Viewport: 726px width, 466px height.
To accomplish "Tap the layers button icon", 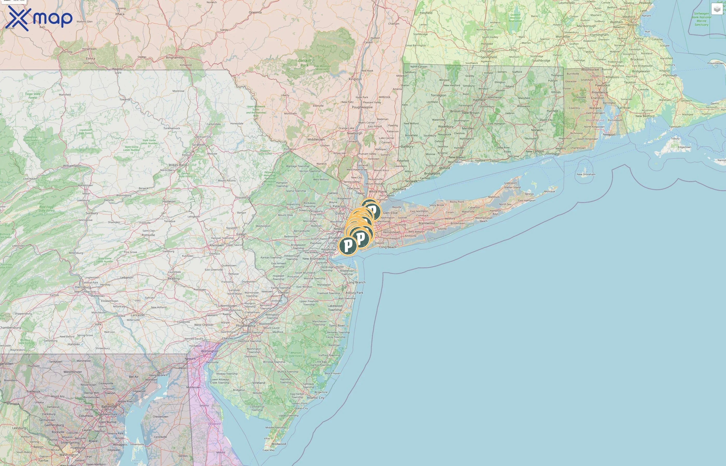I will tap(717, 9).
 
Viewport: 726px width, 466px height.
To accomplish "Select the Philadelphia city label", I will tap(246, 326).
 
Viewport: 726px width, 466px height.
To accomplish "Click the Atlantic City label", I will tap(316, 398).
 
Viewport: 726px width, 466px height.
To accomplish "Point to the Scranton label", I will tap(199, 145).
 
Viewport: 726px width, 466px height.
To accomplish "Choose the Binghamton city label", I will tap(175, 57).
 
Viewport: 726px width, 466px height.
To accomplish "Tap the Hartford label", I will tap(479, 100).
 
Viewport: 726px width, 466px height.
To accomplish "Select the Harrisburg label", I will tap(83, 287).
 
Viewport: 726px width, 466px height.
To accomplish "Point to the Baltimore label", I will tap(109, 407).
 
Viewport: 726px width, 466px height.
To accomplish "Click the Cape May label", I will tap(268, 450).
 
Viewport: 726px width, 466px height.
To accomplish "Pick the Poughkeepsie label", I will tap(362, 107).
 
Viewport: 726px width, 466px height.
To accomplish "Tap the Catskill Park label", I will tap(304, 63).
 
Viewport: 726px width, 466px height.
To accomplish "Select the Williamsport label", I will tap(72, 166).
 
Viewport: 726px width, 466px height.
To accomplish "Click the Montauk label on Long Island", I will tap(550, 192).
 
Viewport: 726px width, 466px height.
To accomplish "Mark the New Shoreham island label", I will tap(586, 174).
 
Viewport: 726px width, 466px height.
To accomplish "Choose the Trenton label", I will tap(283, 293).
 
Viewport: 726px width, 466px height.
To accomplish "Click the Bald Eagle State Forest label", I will tap(47, 209).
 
